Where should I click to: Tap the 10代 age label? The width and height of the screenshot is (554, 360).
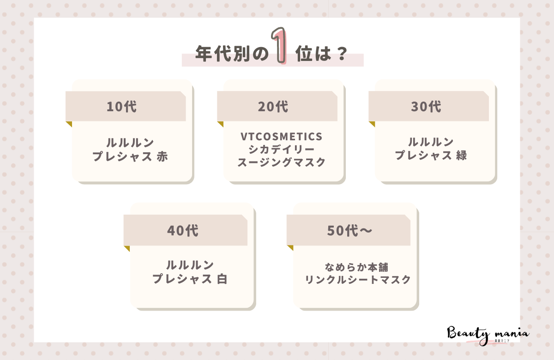pyautogui.click(x=121, y=107)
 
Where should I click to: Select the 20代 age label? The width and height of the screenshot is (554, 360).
pyautogui.click(x=273, y=107)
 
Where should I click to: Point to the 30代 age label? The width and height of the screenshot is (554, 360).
pyautogui.click(x=426, y=107)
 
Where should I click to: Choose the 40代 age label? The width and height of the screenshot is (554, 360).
pyautogui.click(x=183, y=230)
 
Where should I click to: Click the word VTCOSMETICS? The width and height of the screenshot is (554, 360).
pyautogui.click(x=281, y=137)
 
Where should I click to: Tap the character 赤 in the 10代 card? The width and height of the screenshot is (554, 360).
pyautogui.click(x=162, y=156)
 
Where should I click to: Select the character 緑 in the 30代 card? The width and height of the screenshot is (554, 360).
pyautogui.click(x=461, y=156)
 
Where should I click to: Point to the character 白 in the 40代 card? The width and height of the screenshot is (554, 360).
pyautogui.click(x=222, y=280)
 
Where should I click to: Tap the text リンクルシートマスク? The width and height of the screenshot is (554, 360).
pyautogui.click(x=358, y=280)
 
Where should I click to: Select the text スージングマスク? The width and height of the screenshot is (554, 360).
pyautogui.click(x=281, y=162)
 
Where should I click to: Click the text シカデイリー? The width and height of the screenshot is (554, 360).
pyautogui.click(x=281, y=150)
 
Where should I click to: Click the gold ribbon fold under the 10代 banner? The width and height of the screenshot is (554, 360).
pyautogui.click(x=69, y=124)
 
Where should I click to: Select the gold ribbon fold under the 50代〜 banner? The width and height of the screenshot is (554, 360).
pyautogui.click(x=290, y=248)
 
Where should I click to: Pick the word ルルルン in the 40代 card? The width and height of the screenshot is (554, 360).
pyautogui.click(x=190, y=265)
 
